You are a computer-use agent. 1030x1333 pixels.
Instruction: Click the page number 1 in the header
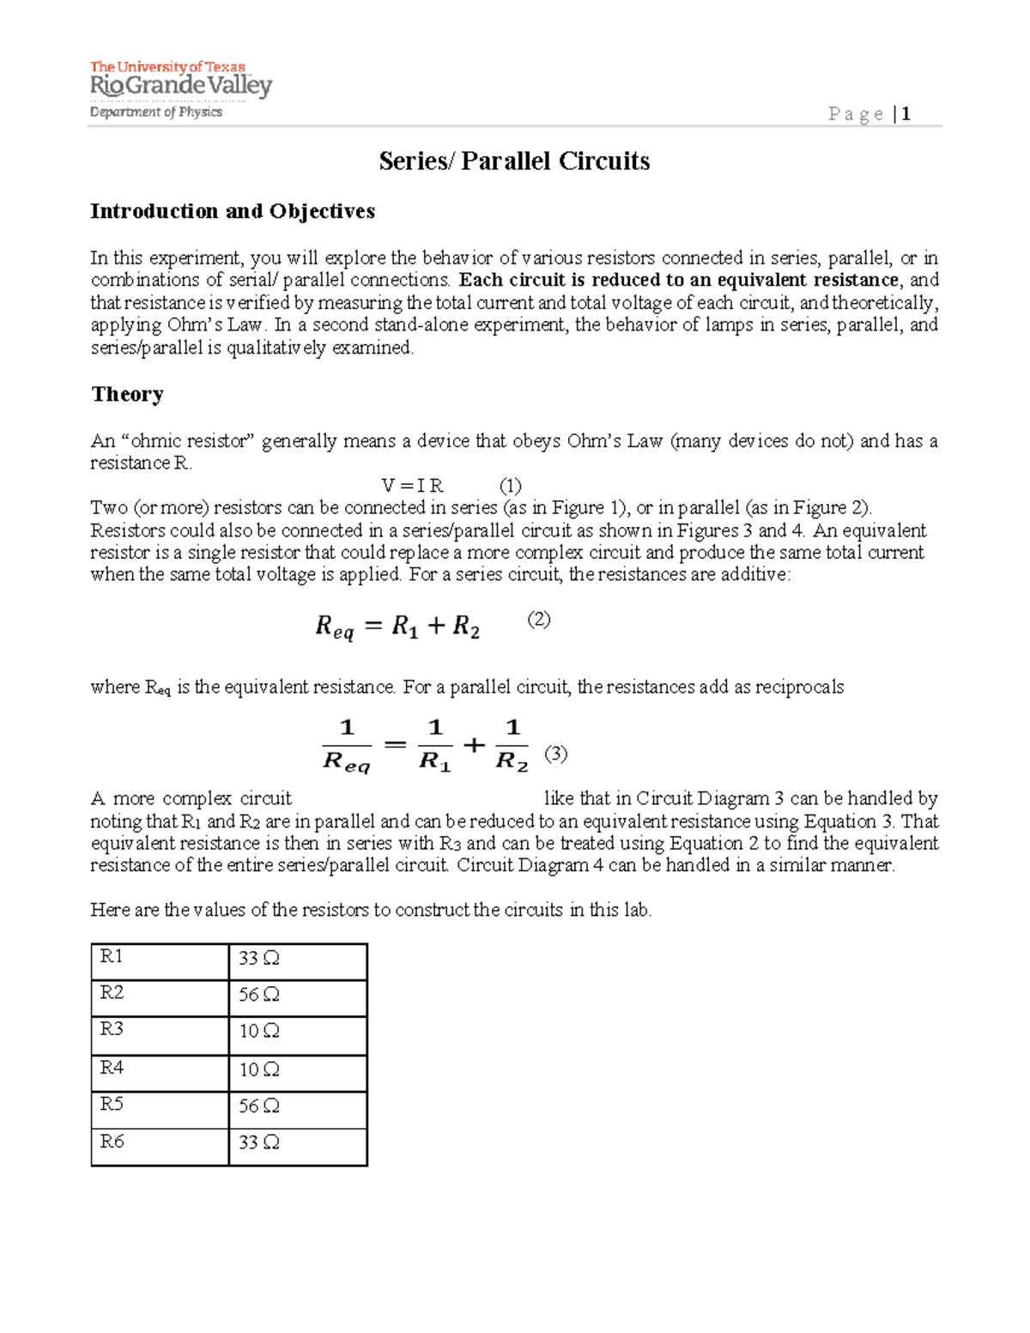coord(906,114)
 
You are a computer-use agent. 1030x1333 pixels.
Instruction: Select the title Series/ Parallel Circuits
coord(514,161)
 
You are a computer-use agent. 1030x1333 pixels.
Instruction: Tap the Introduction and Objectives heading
coord(233,211)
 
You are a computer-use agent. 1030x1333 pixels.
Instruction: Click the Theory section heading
coord(127,394)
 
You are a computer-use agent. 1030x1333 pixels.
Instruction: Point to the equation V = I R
coord(412,486)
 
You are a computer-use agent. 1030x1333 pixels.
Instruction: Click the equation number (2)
coord(538,620)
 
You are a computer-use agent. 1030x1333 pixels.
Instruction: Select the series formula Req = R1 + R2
coord(397,627)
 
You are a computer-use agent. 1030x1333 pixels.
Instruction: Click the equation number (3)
coord(556,754)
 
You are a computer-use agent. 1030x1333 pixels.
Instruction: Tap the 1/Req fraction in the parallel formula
coord(347,745)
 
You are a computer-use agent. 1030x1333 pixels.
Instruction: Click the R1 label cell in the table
coord(160,961)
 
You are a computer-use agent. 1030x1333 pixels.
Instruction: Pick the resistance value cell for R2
coord(297,997)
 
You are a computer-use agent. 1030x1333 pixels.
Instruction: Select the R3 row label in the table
coord(160,1035)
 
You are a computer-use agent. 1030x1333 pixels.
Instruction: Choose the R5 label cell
coord(160,1109)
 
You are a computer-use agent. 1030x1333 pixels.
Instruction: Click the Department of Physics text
coord(156,112)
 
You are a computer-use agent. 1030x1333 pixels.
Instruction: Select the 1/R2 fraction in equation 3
coord(512,745)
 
